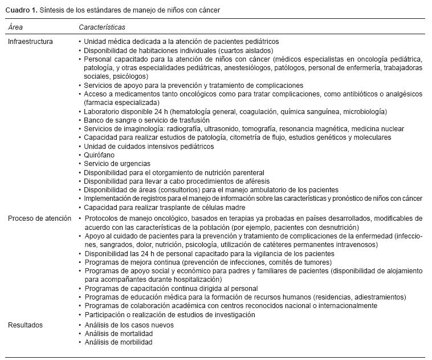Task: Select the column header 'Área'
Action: click(x=15, y=27)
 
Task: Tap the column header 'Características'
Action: click(x=102, y=27)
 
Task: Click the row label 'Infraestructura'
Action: click(x=30, y=42)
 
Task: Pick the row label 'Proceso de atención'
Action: click(x=40, y=219)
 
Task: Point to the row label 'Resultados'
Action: click(x=25, y=325)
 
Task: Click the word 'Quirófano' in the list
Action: click(x=100, y=155)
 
